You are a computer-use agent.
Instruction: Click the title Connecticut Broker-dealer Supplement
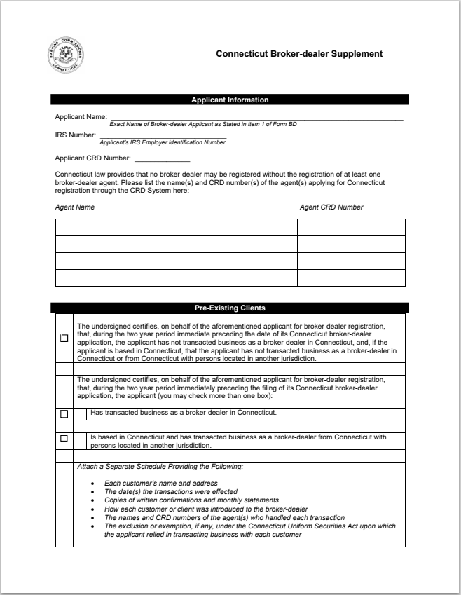pos(299,54)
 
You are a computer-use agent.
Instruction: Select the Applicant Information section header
pos(230,100)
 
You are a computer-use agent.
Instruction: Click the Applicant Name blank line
pos(256,117)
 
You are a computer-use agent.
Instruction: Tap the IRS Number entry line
pos(163,135)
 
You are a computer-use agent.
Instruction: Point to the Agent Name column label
pos(75,207)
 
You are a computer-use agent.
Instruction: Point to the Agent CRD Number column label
pos(331,207)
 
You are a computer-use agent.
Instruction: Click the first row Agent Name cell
pos(176,228)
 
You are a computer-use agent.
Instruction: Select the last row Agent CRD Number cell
pos(351,278)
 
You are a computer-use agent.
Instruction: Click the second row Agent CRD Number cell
pos(351,245)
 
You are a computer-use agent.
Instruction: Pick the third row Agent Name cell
pos(176,261)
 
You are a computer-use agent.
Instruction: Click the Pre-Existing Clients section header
pos(230,308)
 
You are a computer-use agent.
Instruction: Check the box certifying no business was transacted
pos(64,338)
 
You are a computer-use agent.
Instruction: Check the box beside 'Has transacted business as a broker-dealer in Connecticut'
pos(64,414)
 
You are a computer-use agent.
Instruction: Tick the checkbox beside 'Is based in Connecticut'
pos(64,439)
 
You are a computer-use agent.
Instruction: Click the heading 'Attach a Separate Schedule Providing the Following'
pos(160,467)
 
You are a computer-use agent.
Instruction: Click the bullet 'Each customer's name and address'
pos(161,483)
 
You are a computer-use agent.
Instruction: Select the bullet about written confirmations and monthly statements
pos(191,500)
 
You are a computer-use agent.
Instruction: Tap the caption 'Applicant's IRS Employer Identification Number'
pos(163,142)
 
